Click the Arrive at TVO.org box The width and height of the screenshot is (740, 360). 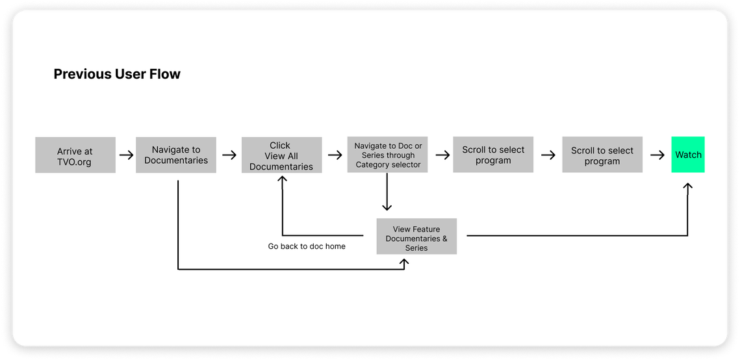[75, 155]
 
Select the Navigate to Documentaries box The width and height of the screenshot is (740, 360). [176, 155]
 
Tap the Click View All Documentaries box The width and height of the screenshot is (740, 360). [282, 155]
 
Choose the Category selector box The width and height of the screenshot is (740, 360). [387, 154]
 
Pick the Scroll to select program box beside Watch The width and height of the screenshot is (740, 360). [602, 154]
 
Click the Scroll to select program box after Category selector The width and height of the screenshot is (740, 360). [493, 154]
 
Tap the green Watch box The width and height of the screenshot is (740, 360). [688, 154]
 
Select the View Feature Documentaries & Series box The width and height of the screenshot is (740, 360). [416, 236]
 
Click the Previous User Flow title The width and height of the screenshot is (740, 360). [117, 74]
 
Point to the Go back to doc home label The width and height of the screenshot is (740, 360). [307, 246]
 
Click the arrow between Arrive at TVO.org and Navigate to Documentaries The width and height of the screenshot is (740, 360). [126, 155]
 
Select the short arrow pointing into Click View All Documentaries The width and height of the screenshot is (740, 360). [229, 155]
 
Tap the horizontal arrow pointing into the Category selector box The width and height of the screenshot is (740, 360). [335, 155]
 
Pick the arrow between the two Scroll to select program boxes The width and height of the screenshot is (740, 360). [548, 155]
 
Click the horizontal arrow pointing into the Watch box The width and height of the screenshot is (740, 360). [657, 155]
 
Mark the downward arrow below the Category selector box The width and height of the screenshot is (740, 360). [387, 192]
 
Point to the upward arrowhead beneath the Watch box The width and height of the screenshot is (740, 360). [687, 187]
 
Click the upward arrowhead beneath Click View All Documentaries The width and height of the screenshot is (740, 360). [282, 179]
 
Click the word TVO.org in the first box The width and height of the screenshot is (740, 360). [75, 162]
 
